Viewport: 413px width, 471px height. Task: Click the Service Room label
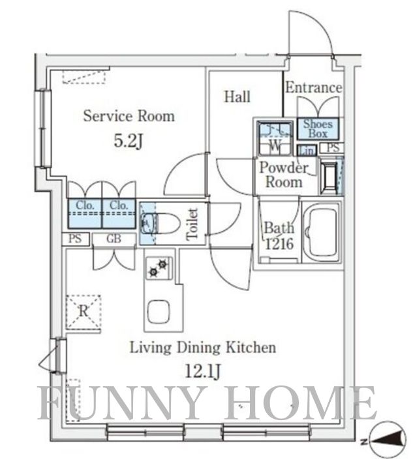click(x=129, y=116)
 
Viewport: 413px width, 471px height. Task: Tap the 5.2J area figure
click(x=128, y=140)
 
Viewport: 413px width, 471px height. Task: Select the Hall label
click(x=237, y=97)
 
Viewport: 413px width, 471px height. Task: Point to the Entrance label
click(x=314, y=87)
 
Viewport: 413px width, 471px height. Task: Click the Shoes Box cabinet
click(x=318, y=129)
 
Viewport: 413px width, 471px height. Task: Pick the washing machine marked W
click(x=275, y=138)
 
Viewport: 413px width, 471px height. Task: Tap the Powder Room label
click(x=283, y=175)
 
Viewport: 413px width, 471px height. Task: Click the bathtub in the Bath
click(x=322, y=232)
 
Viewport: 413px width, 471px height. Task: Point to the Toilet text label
click(x=192, y=224)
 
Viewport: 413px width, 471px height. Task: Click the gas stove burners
click(x=159, y=268)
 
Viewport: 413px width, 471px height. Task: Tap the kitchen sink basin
click(x=159, y=311)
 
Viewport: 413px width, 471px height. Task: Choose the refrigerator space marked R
click(x=84, y=312)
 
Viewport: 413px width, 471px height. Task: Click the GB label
click(x=114, y=239)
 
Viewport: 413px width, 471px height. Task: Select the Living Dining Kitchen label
click(x=203, y=348)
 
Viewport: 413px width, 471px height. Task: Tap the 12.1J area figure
click(x=203, y=372)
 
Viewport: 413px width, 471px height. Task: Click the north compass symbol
click(x=387, y=442)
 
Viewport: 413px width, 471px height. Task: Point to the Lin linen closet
click(x=307, y=150)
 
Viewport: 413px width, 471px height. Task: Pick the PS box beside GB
click(x=76, y=239)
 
